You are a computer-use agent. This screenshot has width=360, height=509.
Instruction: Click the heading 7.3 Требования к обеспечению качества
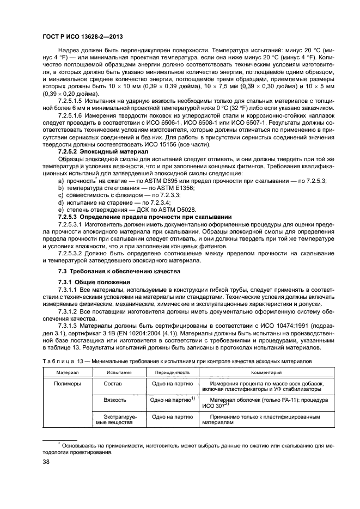pyautogui.click(x=119, y=271)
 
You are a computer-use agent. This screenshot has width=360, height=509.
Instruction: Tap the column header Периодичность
pyautogui.click(x=172, y=372)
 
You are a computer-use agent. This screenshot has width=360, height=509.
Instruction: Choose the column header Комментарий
pyautogui.click(x=266, y=372)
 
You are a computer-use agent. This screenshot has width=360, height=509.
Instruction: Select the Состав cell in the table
pyautogui.click(x=113, y=383)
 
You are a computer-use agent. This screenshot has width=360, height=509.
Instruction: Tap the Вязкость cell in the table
pyautogui.click(x=115, y=400)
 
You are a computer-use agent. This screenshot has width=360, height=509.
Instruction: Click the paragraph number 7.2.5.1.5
pyautogui.click(x=72, y=101)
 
